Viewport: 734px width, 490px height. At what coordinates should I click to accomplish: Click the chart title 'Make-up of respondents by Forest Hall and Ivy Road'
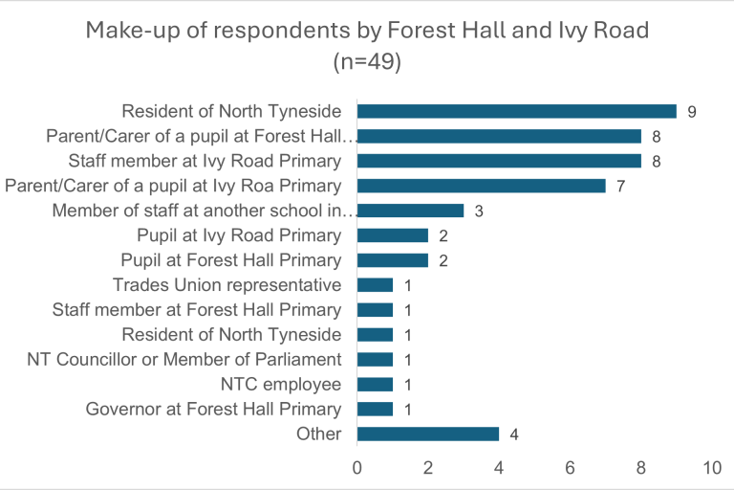(367, 30)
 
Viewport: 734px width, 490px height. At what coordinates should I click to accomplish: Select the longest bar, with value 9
(516, 111)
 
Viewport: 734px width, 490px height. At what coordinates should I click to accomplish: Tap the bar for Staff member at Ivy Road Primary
(498, 161)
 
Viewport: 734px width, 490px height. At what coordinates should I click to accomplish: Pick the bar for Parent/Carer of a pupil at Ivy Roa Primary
(481, 186)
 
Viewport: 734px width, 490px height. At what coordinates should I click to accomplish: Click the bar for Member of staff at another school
(410, 211)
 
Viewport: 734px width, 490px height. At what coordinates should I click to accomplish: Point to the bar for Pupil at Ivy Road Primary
(392, 235)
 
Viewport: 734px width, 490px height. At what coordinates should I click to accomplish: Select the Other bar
(427, 434)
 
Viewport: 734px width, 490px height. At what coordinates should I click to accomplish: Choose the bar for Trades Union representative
(375, 285)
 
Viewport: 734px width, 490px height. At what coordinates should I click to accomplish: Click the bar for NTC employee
(375, 385)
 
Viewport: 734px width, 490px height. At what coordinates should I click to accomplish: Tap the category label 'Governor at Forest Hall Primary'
(213, 410)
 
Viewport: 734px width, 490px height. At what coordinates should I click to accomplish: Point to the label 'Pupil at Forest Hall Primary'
(230, 260)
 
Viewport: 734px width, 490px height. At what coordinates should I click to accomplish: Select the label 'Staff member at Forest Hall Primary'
(196, 310)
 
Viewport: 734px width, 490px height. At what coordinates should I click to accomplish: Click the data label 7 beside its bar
(620, 186)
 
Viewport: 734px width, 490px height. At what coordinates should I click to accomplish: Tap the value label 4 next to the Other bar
(514, 434)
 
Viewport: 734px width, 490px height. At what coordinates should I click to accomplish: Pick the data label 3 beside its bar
(479, 211)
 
